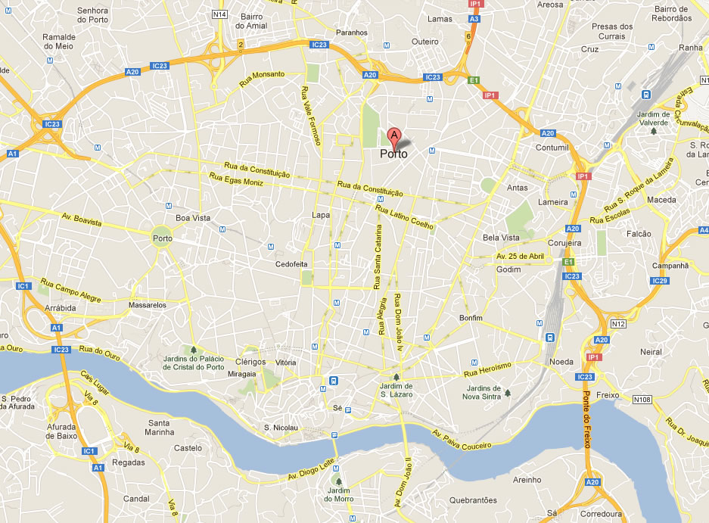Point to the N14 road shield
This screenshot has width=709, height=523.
point(220,14)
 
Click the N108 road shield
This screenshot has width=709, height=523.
point(642,399)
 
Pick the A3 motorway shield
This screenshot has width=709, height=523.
point(474,18)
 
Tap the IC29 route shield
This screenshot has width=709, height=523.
point(660,281)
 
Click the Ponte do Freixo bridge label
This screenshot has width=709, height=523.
point(586,420)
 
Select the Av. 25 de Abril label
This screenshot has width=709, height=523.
point(520,257)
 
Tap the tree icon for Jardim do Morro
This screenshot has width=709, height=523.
point(338,481)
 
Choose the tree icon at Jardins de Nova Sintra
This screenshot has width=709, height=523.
point(508,393)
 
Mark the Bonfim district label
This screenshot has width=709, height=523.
point(471,318)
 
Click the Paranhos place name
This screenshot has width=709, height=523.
point(352,33)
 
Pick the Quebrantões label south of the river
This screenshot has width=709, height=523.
point(473,500)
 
